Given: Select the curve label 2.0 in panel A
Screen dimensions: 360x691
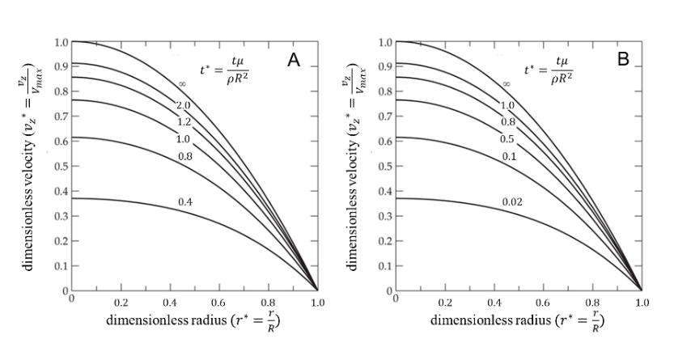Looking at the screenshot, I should [183, 106].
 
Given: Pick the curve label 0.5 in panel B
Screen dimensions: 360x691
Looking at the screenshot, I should [507, 138].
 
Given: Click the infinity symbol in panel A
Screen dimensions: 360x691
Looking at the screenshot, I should [183, 83].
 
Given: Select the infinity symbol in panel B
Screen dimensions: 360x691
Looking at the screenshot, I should [507, 83].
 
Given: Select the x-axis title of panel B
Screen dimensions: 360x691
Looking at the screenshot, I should [518, 319].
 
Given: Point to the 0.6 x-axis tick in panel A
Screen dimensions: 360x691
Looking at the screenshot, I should [219, 302].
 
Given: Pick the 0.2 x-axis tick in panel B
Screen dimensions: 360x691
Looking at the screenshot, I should [445, 302].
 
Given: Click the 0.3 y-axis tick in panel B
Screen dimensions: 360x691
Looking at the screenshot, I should [386, 216].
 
